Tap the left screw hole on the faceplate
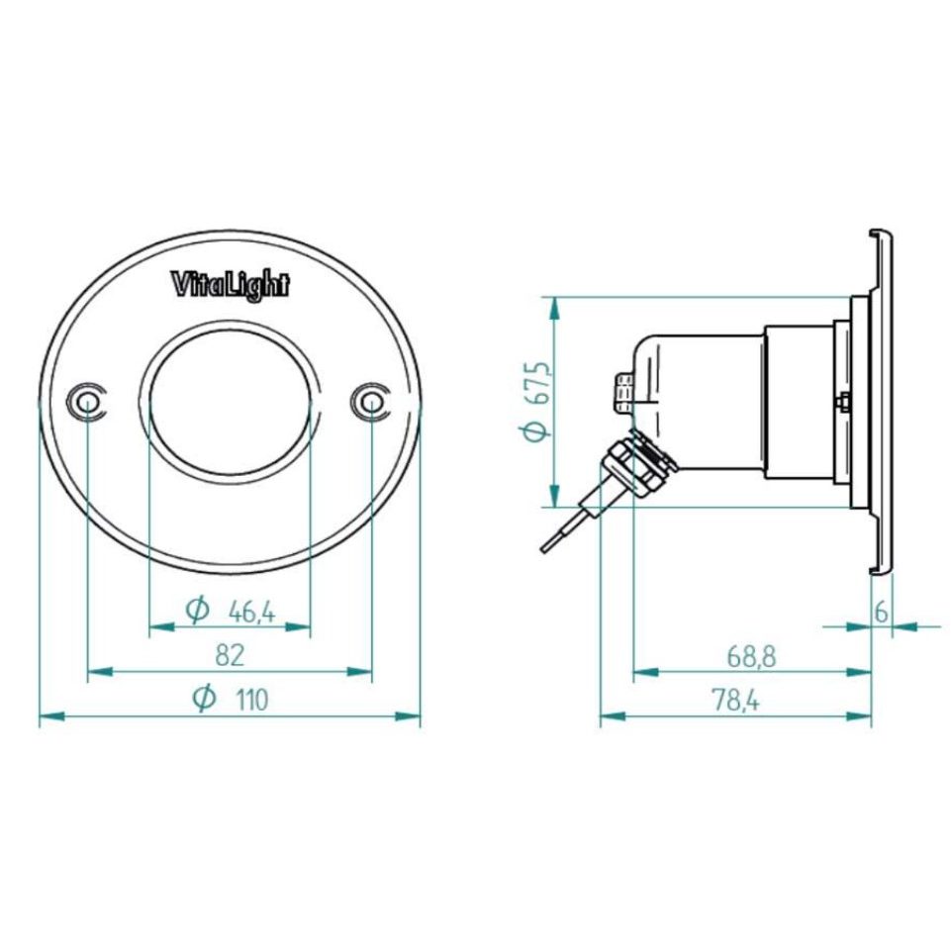point(87,401)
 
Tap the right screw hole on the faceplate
point(370,401)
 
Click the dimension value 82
point(230,654)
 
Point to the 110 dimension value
point(251,700)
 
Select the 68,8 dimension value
point(751,654)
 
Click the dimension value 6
point(881,612)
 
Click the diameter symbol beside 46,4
point(198,612)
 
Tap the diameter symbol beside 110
point(204,699)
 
